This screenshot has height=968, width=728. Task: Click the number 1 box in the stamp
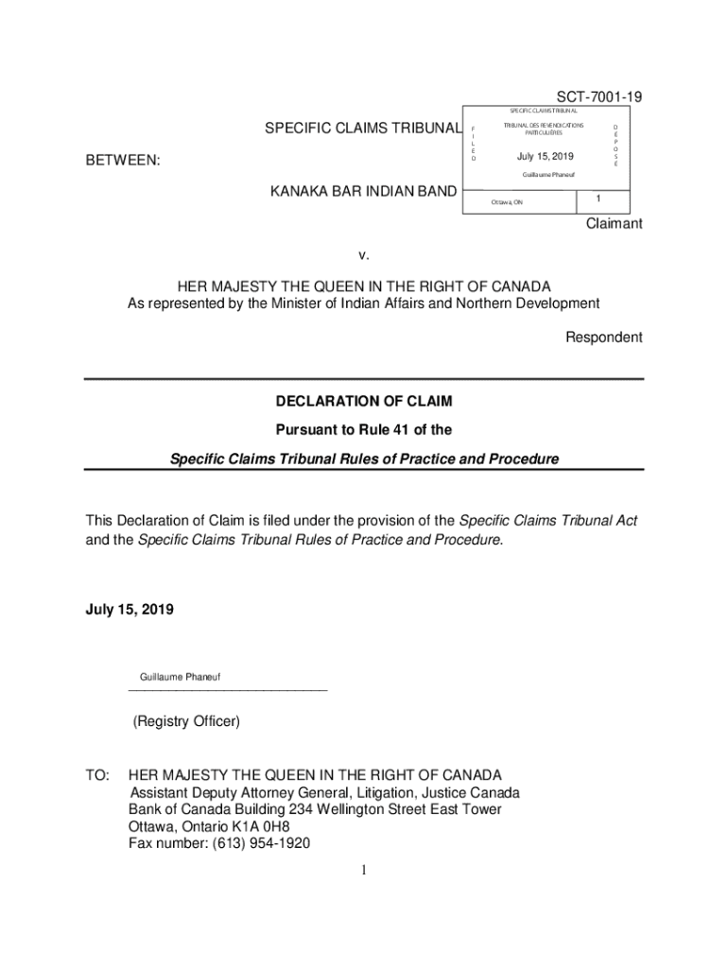tap(598, 199)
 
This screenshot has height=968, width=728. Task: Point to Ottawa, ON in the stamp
tap(506, 202)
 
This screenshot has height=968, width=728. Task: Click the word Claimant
tap(614, 224)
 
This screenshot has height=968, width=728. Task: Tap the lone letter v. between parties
tap(363, 255)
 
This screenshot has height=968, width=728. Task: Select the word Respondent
tap(603, 337)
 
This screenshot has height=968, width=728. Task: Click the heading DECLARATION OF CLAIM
tap(364, 402)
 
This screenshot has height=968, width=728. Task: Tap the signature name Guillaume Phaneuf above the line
tap(181, 678)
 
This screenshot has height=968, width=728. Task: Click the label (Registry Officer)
tap(186, 722)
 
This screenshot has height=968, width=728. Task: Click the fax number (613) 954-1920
tap(256, 843)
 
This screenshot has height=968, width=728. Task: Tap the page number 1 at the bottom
tap(363, 871)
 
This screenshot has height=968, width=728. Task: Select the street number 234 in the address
tap(281, 809)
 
